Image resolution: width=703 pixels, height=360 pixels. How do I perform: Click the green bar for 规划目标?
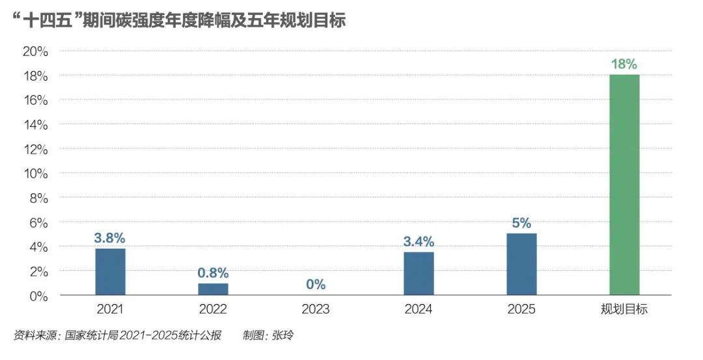(x=624, y=185)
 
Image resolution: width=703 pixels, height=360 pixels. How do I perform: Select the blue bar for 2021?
(x=110, y=271)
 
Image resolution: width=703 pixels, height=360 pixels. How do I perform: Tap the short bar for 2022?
(x=213, y=289)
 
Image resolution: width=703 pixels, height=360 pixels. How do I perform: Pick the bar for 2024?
(x=419, y=273)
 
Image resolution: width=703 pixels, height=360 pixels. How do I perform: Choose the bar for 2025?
(x=521, y=264)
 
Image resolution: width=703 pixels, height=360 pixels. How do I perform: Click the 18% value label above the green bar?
(x=624, y=64)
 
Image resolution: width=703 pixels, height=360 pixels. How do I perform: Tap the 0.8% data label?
(x=213, y=273)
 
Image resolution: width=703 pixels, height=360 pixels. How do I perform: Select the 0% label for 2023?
(x=316, y=284)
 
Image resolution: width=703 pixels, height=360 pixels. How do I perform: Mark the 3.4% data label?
(x=419, y=242)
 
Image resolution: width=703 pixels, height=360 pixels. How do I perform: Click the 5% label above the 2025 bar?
(x=521, y=223)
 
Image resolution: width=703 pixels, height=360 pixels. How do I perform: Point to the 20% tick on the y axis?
(x=36, y=51)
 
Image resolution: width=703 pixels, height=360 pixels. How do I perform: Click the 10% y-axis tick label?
(x=36, y=173)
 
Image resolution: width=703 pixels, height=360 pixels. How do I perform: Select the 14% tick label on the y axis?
(x=36, y=124)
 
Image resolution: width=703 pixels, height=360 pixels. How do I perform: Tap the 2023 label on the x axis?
(x=316, y=309)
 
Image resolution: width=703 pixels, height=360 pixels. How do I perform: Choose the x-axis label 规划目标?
(x=624, y=309)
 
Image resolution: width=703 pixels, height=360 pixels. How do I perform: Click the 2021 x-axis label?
(x=110, y=309)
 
